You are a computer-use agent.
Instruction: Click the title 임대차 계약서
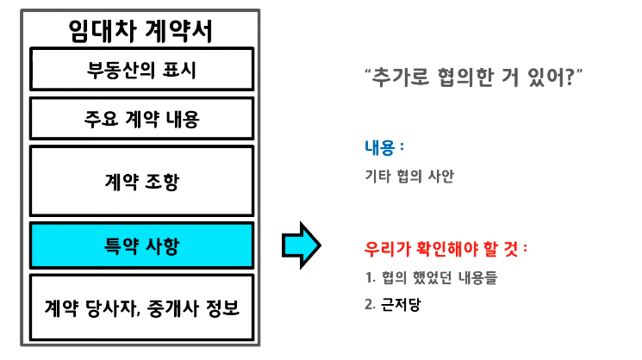point(141,30)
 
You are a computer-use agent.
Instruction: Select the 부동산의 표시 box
point(141,70)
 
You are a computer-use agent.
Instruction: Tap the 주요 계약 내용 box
point(141,118)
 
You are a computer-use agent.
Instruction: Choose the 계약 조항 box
point(141,181)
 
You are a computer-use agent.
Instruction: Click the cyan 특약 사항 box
point(141,245)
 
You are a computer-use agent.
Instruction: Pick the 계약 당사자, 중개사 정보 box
point(141,307)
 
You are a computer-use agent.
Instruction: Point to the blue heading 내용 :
point(384,147)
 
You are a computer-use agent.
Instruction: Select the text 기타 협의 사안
point(409,177)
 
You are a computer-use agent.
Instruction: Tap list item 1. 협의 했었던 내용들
point(431,278)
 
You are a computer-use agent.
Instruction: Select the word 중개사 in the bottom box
point(186,307)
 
